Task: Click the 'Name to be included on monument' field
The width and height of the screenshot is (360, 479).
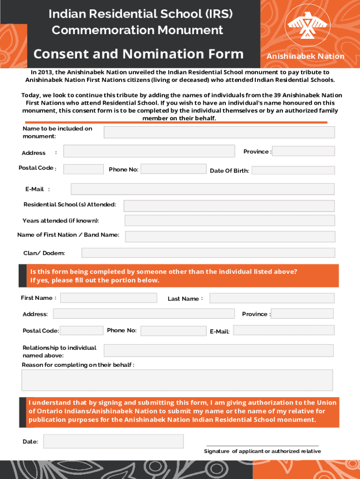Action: pos(219,132)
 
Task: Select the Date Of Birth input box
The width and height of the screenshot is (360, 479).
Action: pos(293,170)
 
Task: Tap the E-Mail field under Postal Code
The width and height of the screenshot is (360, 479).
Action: pos(202,189)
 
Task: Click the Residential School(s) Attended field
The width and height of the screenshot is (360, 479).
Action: pos(229,206)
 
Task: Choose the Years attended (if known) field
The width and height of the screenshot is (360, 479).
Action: pos(230,220)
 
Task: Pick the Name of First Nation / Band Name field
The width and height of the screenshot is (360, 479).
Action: pos(230,236)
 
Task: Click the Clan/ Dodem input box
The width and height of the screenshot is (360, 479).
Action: pos(208,253)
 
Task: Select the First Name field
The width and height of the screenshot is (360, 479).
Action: pos(108,298)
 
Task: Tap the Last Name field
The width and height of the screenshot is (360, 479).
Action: pos(272,298)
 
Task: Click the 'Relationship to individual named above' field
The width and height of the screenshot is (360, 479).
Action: pos(218,350)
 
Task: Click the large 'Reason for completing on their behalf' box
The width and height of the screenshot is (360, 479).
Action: pos(177,380)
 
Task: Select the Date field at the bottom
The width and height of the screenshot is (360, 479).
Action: pos(113,441)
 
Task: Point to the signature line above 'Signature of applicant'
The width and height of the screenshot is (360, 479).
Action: pos(262,445)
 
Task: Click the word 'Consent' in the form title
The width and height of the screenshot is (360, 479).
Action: pos(56,54)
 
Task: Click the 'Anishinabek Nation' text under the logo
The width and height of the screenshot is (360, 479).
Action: pos(305,57)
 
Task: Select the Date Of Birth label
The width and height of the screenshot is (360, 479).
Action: pos(229,171)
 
